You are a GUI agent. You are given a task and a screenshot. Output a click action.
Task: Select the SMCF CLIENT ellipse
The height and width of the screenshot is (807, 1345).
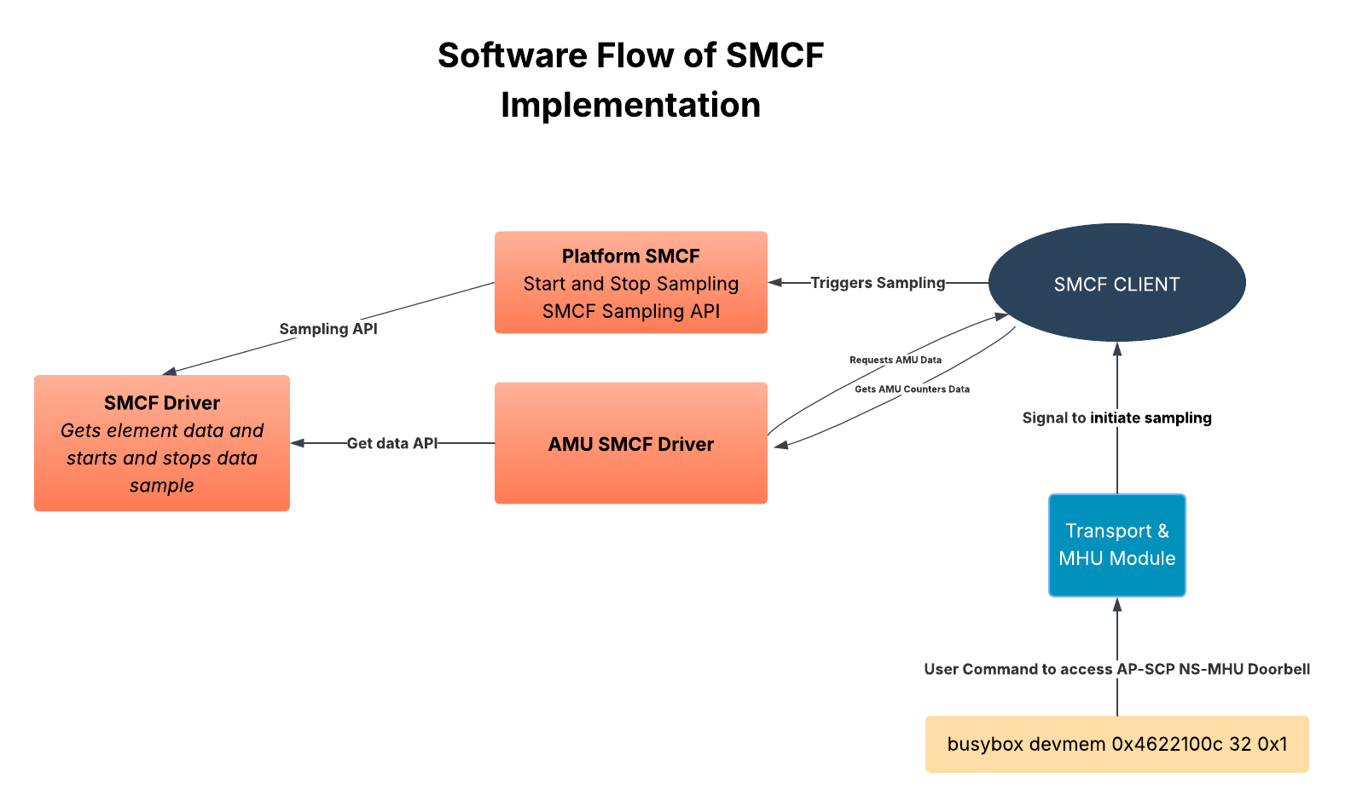click(x=1116, y=284)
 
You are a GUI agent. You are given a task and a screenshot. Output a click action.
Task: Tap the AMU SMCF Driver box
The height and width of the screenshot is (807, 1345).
click(x=630, y=444)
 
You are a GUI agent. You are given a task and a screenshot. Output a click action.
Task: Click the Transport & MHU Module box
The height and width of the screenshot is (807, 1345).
click(x=1116, y=545)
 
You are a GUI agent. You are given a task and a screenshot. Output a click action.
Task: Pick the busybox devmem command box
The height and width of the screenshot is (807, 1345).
click(x=1116, y=744)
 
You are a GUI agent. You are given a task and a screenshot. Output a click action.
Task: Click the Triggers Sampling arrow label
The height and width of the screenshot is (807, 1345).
click(x=878, y=283)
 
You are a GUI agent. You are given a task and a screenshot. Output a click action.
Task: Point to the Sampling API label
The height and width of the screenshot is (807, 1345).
click(x=328, y=329)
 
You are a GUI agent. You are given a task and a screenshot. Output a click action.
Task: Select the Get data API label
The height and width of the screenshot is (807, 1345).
click(x=392, y=443)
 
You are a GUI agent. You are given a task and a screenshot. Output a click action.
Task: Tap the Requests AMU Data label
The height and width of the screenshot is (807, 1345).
click(x=896, y=360)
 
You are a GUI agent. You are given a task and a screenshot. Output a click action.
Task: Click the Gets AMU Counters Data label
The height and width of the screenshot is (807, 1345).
click(x=912, y=389)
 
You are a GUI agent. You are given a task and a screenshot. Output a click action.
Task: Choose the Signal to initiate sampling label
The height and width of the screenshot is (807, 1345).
click(x=1116, y=418)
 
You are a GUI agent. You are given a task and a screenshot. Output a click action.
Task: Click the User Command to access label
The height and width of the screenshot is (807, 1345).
click(x=1019, y=669)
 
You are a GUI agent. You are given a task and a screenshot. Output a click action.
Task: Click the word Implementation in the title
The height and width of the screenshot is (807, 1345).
click(x=630, y=105)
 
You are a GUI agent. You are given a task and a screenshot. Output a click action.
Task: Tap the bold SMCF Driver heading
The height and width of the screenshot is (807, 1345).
click(x=162, y=403)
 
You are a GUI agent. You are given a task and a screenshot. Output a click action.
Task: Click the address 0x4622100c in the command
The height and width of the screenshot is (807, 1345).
click(x=1168, y=744)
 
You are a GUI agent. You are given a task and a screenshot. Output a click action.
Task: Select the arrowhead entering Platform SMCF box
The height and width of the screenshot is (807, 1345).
click(x=775, y=283)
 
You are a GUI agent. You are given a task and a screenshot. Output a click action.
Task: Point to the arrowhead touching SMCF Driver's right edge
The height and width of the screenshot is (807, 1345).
click(x=298, y=443)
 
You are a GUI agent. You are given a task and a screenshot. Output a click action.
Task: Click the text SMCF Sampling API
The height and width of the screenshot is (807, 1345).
click(x=630, y=311)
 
